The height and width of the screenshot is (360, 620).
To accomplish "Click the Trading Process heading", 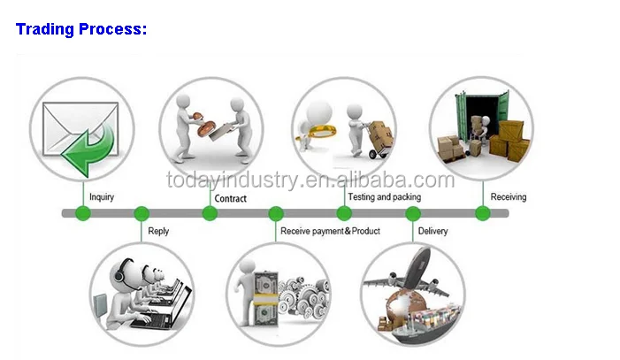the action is [x=81, y=29].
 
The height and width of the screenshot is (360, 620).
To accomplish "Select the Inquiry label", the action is [x=102, y=197].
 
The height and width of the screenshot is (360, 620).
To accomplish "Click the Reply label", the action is [x=158, y=231].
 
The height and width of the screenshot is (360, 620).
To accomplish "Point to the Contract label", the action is [x=231, y=198].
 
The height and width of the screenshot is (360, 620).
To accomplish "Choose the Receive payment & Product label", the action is [x=330, y=231].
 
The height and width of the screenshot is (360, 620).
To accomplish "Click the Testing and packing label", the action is [x=385, y=196].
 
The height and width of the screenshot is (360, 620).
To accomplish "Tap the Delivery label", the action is [x=432, y=231].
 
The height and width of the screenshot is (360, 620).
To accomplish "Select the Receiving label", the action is [x=509, y=196].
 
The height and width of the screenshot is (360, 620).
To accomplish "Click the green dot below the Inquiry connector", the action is [x=82, y=213].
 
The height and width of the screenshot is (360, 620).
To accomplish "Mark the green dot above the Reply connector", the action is [x=141, y=213].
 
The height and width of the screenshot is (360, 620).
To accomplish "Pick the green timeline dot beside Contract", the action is [x=210, y=213].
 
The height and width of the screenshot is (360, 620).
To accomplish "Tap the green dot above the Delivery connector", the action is [x=413, y=213].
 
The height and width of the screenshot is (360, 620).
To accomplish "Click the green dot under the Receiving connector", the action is [x=483, y=213].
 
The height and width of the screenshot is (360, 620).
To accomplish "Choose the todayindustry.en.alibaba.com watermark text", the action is [x=310, y=181].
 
